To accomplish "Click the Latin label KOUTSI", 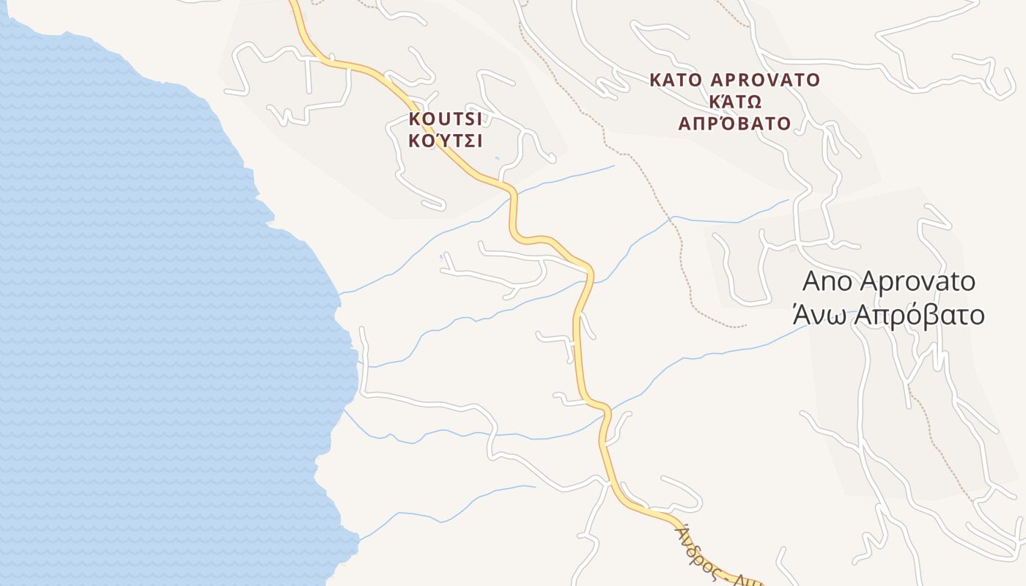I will point(446,119).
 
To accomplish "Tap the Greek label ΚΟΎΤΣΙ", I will point(446,141).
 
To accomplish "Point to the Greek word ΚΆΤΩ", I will point(736,101).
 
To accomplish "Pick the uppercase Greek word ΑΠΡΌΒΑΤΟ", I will point(735,123).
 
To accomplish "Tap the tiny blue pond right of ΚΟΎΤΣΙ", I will point(497,157).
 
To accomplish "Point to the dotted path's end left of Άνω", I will point(745,326).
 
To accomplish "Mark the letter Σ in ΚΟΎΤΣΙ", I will point(467,141).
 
